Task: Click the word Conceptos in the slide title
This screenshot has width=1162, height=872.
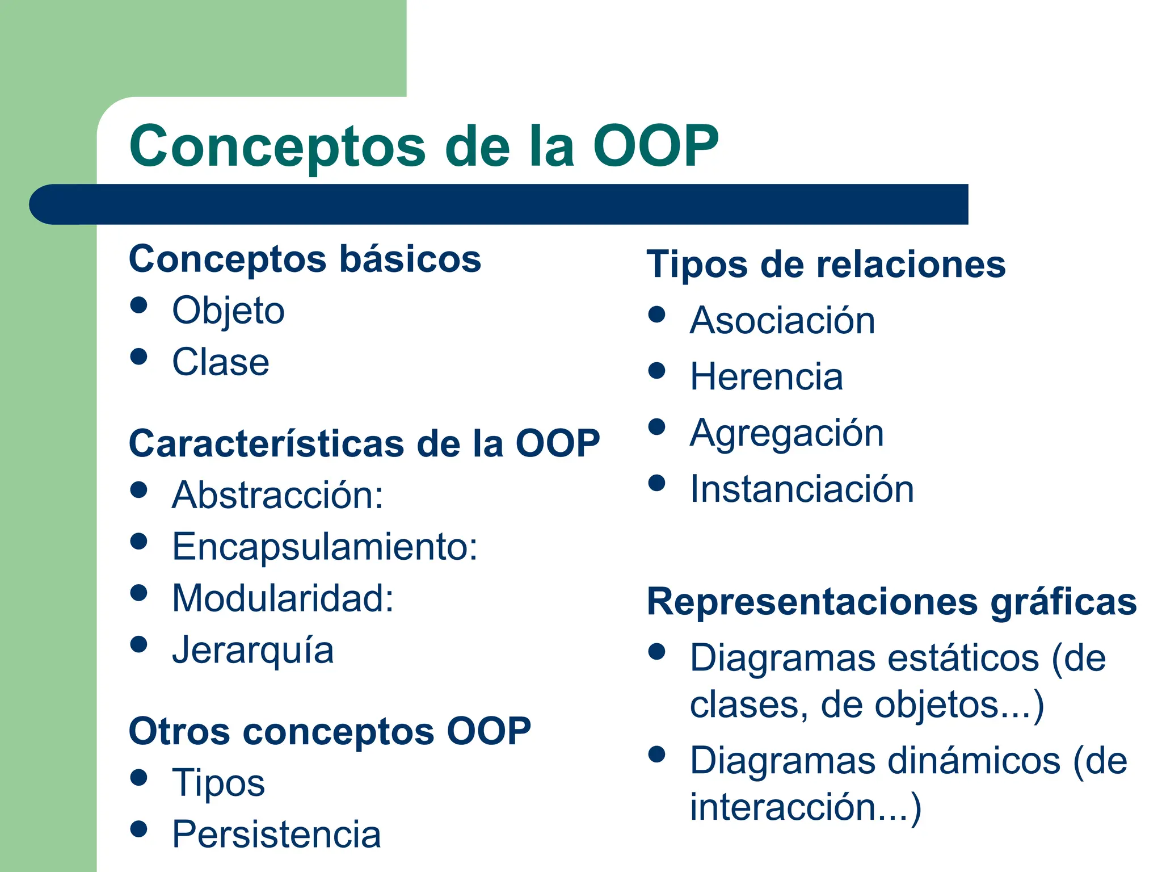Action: (x=277, y=146)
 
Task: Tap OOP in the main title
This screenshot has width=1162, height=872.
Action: (x=655, y=146)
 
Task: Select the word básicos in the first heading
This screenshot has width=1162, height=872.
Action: (x=410, y=259)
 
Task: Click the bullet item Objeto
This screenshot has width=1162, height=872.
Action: (x=228, y=311)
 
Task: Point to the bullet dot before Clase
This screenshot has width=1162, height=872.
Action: (x=138, y=357)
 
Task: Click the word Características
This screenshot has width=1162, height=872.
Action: (x=266, y=443)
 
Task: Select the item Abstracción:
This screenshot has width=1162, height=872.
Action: (x=277, y=495)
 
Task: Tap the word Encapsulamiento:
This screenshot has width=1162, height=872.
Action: (x=325, y=547)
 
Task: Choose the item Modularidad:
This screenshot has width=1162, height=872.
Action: (x=283, y=598)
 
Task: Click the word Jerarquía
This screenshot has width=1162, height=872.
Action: (x=252, y=650)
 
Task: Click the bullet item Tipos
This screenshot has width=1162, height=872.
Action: (x=218, y=783)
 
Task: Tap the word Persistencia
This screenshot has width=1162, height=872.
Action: (x=276, y=835)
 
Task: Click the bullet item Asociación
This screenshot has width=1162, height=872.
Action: (x=782, y=321)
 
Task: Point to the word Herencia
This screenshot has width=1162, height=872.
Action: (x=766, y=377)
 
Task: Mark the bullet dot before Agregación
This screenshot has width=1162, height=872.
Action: (x=656, y=427)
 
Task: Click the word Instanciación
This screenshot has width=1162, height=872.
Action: (x=802, y=489)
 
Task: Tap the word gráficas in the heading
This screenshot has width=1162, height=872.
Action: (x=1063, y=602)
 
